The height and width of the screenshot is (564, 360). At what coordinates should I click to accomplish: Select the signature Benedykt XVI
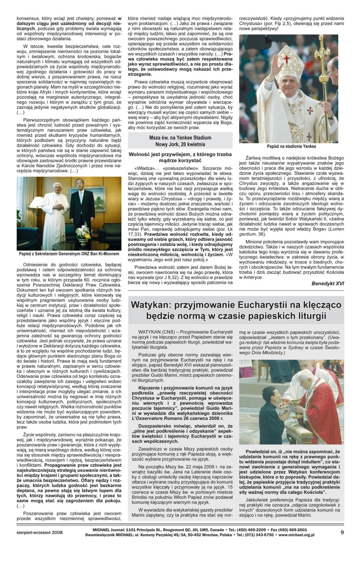point(327,283)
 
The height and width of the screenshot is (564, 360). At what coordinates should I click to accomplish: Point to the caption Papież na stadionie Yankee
point(291,146)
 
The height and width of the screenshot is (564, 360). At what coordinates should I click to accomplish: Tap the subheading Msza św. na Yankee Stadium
point(180,138)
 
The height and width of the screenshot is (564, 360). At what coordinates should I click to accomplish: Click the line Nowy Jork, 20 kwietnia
point(180,144)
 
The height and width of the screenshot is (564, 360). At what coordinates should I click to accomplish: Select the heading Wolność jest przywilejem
point(180,157)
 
